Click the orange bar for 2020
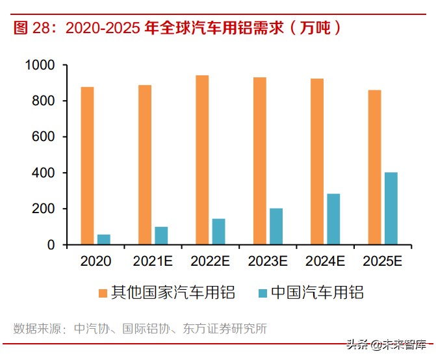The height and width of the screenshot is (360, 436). pyautogui.click(x=88, y=166)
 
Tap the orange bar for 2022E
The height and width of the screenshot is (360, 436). pyautogui.click(x=202, y=160)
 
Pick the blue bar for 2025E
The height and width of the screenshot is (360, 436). pyautogui.click(x=391, y=209)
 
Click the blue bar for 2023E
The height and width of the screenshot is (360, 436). pyautogui.click(x=276, y=227)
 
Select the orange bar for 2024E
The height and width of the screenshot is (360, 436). pyautogui.click(x=316, y=162)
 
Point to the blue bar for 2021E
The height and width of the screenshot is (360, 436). pyautogui.click(x=161, y=236)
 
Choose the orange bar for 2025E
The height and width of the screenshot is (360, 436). pyautogui.click(x=374, y=168)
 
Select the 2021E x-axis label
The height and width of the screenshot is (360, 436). pyautogui.click(x=153, y=262)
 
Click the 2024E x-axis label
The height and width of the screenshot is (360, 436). pyautogui.click(x=325, y=262)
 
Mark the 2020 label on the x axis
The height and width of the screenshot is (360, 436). pyautogui.click(x=96, y=262)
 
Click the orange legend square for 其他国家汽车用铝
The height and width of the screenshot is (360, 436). pyautogui.click(x=103, y=293)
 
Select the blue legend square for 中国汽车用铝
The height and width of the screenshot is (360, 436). pyautogui.click(x=263, y=293)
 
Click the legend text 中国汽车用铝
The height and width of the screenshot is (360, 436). pyautogui.click(x=316, y=293)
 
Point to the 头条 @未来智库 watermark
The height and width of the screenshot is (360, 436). pyautogui.click(x=391, y=345)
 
